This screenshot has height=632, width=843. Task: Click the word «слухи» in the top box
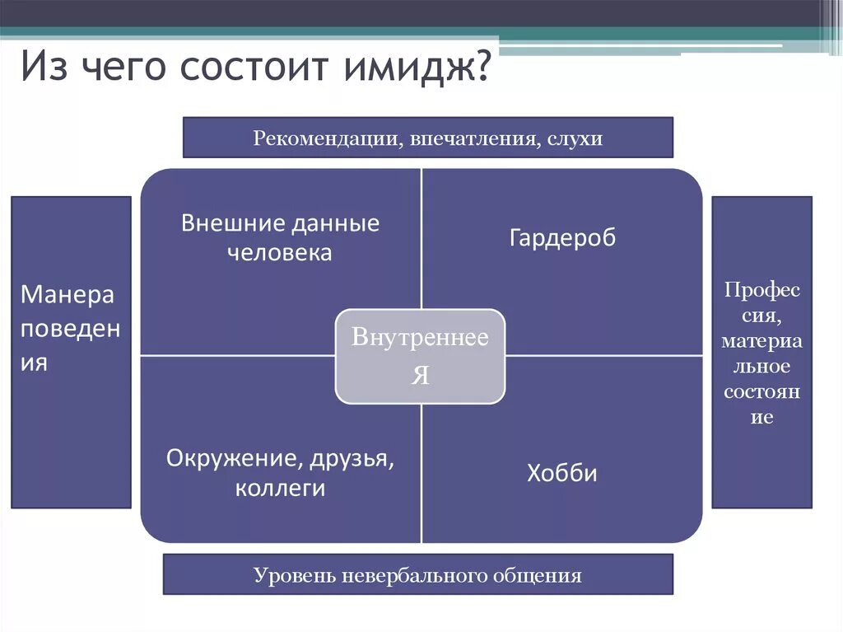tap(575, 138)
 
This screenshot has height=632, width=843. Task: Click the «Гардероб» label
tap(562, 239)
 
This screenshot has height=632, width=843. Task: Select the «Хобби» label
tap(562, 474)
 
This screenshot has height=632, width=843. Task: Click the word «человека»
tap(280, 253)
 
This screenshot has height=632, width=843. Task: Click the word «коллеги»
tap(280, 488)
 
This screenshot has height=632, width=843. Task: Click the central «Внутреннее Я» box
tap(420, 356)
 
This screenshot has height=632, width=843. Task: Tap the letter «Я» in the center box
tap(420, 376)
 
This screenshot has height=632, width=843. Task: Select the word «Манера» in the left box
tap(68, 295)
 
